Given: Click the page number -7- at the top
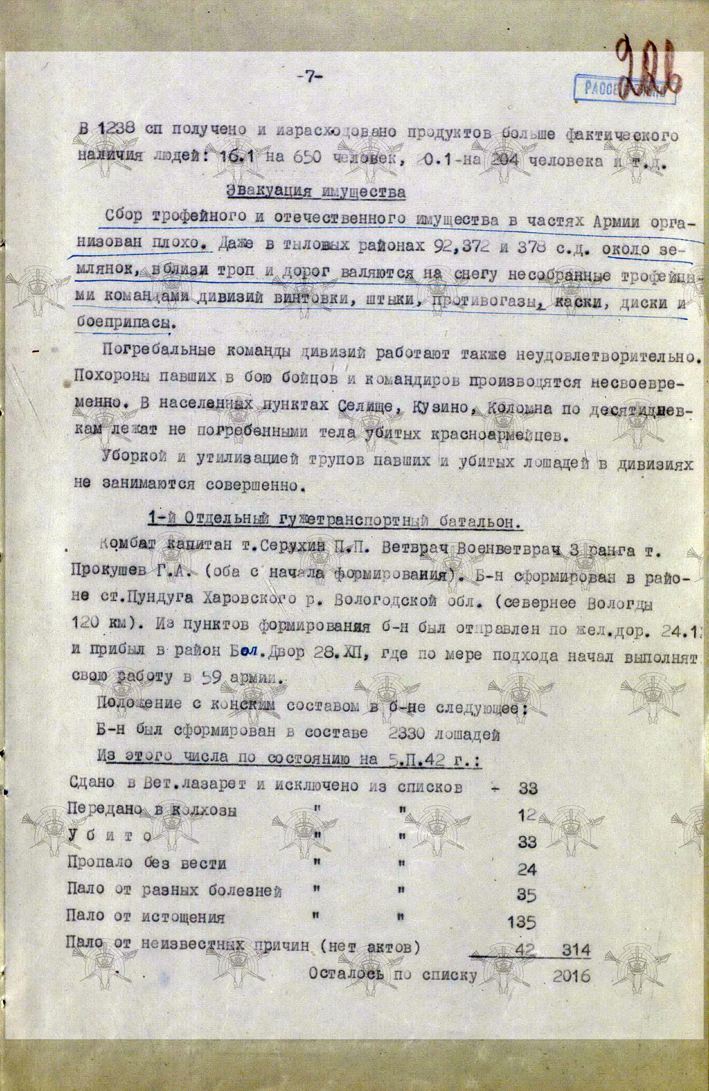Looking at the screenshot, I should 310,77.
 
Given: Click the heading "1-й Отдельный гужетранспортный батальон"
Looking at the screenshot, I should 335,523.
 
